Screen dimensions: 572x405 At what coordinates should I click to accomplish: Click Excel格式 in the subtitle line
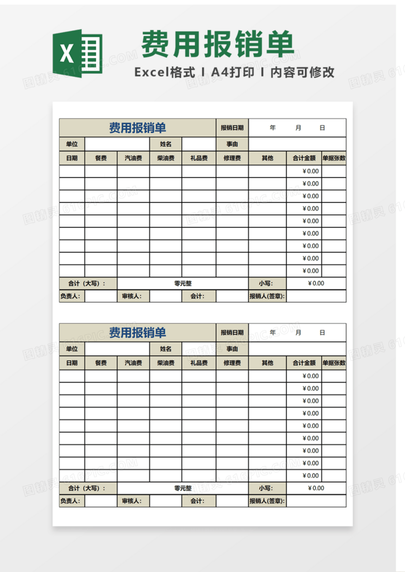[x=165, y=72]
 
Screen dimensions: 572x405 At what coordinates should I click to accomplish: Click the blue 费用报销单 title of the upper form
[x=138, y=128]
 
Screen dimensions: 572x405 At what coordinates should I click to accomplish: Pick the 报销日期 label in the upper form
[x=232, y=128]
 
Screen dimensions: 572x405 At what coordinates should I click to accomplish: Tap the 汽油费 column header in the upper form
[x=133, y=158]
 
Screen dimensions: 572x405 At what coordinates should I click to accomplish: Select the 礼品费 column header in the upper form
[x=199, y=158]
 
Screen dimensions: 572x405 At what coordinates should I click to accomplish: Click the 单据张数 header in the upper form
[x=334, y=158]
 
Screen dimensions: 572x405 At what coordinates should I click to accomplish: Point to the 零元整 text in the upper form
[x=183, y=283]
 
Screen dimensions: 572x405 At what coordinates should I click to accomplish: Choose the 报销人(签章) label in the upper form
[x=267, y=297]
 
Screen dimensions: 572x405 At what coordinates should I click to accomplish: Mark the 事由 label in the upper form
[x=232, y=144]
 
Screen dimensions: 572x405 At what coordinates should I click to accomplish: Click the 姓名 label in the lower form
[x=166, y=349]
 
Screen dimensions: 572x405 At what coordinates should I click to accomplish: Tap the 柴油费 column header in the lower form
[x=166, y=363]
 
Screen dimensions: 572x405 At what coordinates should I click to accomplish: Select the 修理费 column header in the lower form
[x=232, y=363]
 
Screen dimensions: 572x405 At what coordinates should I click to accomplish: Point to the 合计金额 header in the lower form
[x=304, y=363]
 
